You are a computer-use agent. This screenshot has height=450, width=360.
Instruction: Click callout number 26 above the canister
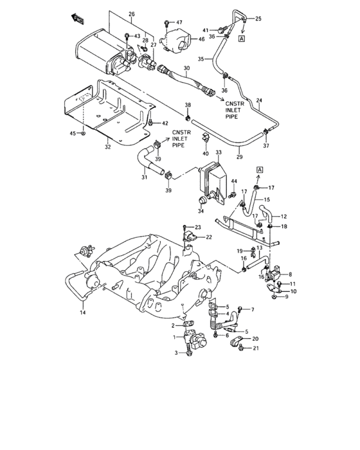click(132, 14)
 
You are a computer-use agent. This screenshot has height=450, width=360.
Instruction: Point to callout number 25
click(258, 19)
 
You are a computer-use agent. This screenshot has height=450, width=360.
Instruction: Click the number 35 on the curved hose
click(201, 59)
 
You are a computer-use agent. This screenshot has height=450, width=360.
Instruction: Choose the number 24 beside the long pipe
click(259, 100)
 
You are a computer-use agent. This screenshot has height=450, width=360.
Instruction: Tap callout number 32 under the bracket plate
click(107, 147)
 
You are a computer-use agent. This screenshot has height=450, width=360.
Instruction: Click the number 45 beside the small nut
click(73, 133)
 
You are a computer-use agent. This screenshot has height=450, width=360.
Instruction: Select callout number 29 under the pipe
click(239, 157)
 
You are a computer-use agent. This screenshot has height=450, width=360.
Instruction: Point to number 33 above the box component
click(218, 154)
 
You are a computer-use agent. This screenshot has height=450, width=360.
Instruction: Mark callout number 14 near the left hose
click(82, 313)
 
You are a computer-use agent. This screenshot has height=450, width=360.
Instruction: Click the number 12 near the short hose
click(283, 216)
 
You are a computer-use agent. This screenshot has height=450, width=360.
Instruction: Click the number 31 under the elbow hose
click(145, 177)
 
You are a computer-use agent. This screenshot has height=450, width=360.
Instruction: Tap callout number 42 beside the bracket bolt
click(165, 123)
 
